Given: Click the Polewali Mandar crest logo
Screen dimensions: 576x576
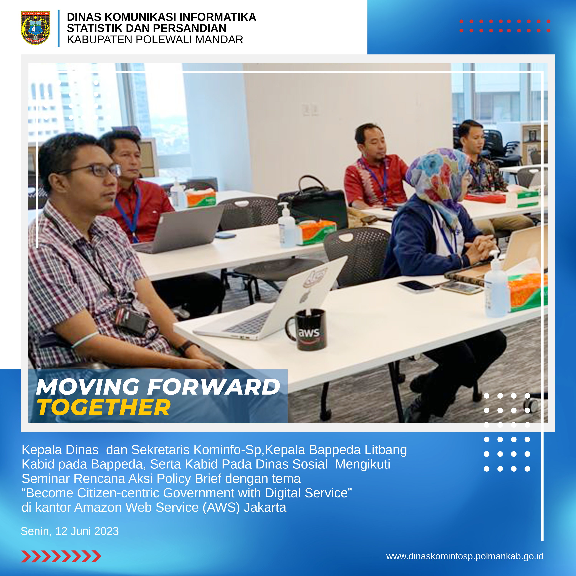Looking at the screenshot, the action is click(x=35, y=28).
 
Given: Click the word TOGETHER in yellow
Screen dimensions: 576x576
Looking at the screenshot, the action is click(x=104, y=407).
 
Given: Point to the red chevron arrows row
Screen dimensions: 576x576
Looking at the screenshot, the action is click(x=61, y=556).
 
